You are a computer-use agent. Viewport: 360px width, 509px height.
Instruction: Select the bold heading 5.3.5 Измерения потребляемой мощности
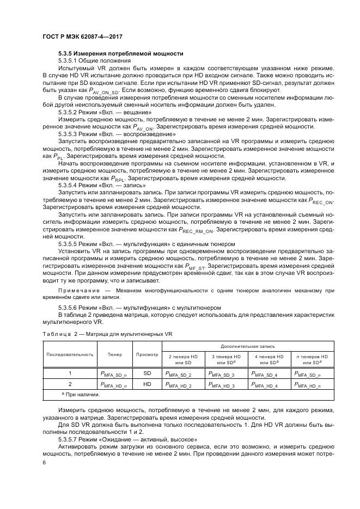point(120,53)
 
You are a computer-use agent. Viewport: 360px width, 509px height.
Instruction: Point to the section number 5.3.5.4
point(71,185)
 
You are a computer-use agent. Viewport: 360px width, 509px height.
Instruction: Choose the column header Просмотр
point(147,354)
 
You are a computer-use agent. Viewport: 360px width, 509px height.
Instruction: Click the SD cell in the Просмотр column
point(147,374)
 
